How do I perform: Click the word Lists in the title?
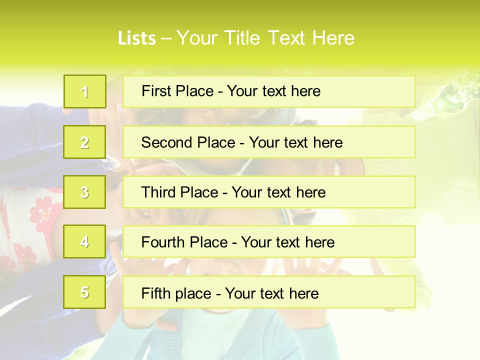click(x=136, y=38)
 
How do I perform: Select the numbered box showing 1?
click(x=85, y=91)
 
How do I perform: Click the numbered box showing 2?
click(x=85, y=142)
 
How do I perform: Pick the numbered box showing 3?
click(x=85, y=192)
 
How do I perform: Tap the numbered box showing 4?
click(x=85, y=242)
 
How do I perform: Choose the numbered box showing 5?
click(x=85, y=292)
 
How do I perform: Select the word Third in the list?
click(x=158, y=192)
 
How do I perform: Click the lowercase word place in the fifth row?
click(x=190, y=294)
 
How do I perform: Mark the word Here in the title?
click(x=334, y=38)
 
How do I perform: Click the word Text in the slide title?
click(x=287, y=38)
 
